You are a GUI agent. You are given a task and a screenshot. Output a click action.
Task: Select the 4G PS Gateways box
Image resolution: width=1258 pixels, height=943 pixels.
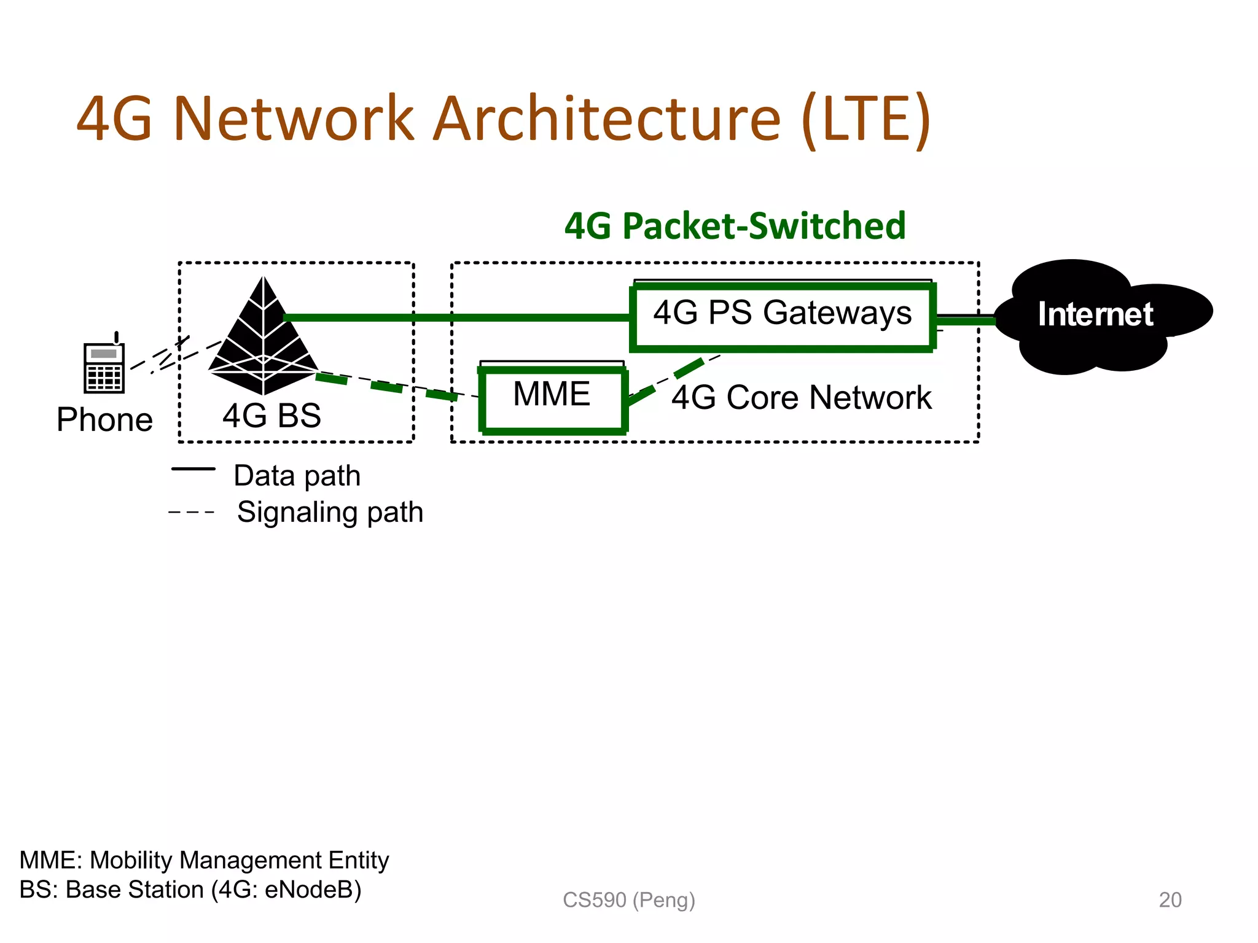coord(782,316)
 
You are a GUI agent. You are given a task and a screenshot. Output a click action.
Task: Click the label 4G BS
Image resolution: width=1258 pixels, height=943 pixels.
coord(272,416)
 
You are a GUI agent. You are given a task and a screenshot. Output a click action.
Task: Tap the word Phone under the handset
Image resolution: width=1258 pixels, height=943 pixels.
coord(104,420)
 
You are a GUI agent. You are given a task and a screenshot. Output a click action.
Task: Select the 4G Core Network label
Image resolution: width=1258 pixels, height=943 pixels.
coord(801,398)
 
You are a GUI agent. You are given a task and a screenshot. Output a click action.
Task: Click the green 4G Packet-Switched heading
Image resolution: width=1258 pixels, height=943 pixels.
coord(735,226)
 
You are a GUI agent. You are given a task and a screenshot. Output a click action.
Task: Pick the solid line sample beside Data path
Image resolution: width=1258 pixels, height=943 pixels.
coord(193,469)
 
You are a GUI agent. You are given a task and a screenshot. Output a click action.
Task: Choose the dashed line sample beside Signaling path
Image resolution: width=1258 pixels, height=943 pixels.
coord(192,512)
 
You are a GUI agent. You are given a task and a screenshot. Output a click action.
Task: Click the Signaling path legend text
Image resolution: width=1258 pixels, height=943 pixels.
coord(330,512)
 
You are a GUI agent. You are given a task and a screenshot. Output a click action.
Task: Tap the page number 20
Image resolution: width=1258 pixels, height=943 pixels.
coord(1170,899)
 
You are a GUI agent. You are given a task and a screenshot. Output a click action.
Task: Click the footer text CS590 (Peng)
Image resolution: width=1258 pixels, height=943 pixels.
coord(628,899)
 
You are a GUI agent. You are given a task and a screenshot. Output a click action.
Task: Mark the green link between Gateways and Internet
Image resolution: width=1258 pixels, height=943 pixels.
coord(964,320)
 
